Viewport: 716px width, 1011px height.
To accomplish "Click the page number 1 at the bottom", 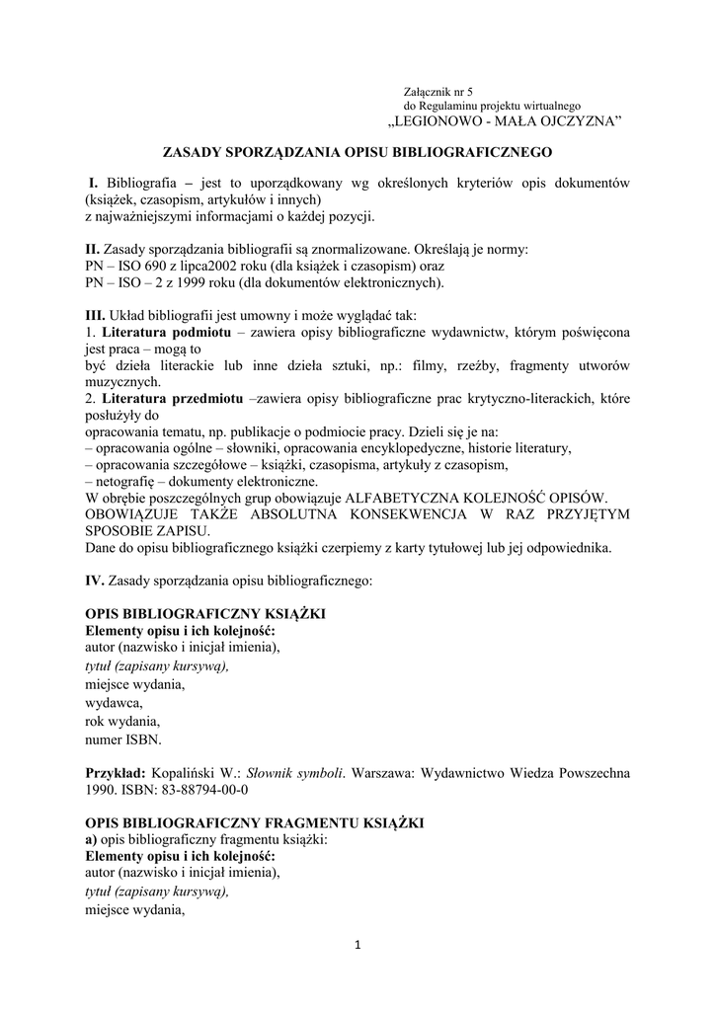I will pyautogui.click(x=358, y=949).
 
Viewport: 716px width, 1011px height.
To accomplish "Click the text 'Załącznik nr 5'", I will pyautogui.click(x=439, y=91).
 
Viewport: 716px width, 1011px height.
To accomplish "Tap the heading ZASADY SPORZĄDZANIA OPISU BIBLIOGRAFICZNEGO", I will pyautogui.click(x=358, y=153).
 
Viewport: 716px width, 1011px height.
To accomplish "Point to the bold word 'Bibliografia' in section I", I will pyautogui.click(x=141, y=184).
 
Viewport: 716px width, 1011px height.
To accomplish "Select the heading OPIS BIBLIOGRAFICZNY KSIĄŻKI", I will pyautogui.click(x=205, y=614).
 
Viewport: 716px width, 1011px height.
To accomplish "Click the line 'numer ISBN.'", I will pyautogui.click(x=123, y=739).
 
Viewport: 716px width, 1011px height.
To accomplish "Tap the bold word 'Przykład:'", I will pyautogui.click(x=117, y=772).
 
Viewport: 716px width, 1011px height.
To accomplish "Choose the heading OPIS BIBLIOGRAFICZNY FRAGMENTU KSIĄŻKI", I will pyautogui.click(x=255, y=821).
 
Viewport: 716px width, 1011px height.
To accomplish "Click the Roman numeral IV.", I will pyautogui.click(x=94, y=582).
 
